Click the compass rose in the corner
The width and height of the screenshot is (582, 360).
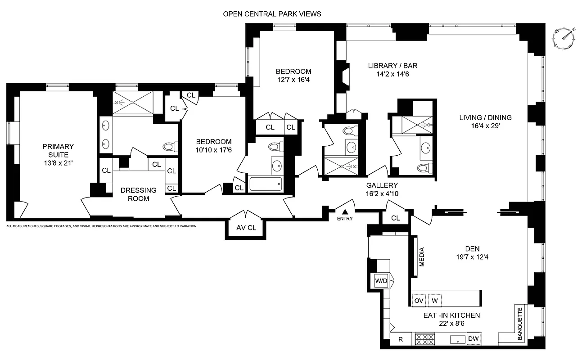[x=565, y=38]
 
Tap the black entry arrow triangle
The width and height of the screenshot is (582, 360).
[x=345, y=212]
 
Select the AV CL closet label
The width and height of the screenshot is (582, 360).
[x=246, y=228]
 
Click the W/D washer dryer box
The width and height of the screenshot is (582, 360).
[x=381, y=281]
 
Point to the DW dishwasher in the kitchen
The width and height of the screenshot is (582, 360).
[x=473, y=339]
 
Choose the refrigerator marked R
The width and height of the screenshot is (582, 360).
[x=400, y=339]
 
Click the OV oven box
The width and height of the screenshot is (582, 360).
[x=419, y=300]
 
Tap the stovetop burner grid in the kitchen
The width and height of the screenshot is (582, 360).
[x=424, y=339]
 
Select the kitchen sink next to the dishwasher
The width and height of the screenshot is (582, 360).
[x=457, y=339]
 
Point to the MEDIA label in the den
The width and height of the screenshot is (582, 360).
[x=422, y=257]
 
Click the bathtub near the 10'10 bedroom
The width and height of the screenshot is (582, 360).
[x=266, y=184]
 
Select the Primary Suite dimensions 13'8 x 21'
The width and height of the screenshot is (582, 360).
[x=58, y=162]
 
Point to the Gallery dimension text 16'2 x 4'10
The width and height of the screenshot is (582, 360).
[x=382, y=194]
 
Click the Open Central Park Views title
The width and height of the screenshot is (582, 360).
[x=272, y=14]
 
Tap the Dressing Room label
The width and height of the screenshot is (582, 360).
[x=139, y=194]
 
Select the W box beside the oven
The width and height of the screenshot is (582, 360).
[x=435, y=300]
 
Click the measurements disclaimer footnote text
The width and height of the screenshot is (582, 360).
[x=102, y=226]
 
